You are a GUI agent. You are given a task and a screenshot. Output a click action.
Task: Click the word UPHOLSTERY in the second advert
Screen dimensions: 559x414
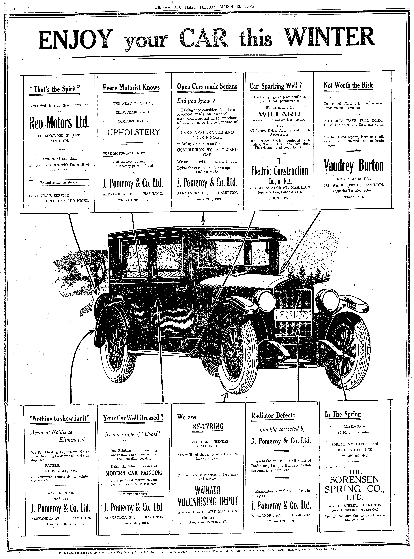point(133,132)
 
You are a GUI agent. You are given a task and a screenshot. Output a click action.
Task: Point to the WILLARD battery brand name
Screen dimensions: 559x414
point(279,114)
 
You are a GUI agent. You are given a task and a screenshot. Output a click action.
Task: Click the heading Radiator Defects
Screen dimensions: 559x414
point(273,415)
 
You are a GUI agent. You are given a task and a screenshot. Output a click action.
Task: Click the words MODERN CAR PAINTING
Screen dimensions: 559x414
point(134,473)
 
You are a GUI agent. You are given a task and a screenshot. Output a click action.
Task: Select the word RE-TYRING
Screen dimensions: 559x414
point(208,426)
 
